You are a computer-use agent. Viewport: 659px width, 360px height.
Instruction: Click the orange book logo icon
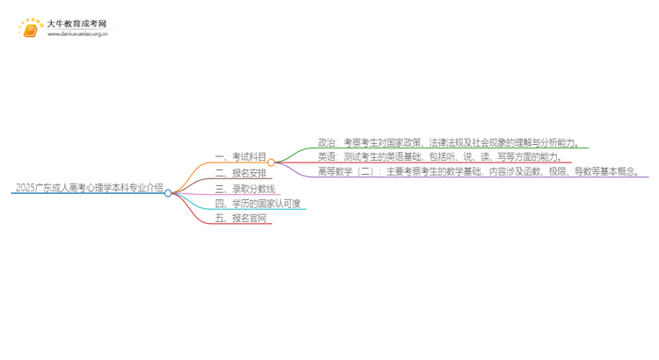(x=30, y=29)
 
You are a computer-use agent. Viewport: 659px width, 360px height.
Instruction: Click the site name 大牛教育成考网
(x=76, y=24)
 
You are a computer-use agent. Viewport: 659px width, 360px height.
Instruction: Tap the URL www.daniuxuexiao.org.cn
(x=77, y=34)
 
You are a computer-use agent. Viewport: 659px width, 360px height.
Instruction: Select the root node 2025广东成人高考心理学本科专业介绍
(x=89, y=187)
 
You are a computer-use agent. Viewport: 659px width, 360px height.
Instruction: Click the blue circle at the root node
(x=168, y=193)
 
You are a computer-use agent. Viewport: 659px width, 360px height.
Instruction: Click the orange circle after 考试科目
(x=272, y=162)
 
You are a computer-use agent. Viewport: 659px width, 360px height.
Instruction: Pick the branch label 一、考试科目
(x=241, y=156)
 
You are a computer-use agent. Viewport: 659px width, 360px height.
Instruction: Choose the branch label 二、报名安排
(x=241, y=173)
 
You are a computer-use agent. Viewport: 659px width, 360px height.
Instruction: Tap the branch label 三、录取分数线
(x=245, y=189)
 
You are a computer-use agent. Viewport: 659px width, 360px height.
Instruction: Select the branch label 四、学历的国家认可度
(x=257, y=204)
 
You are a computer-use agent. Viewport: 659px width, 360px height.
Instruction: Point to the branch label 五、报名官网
(x=241, y=218)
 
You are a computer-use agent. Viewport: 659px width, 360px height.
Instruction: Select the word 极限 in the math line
(x=557, y=171)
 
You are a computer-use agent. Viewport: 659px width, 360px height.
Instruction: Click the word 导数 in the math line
(x=583, y=171)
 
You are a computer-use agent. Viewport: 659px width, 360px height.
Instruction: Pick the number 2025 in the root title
(x=25, y=187)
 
